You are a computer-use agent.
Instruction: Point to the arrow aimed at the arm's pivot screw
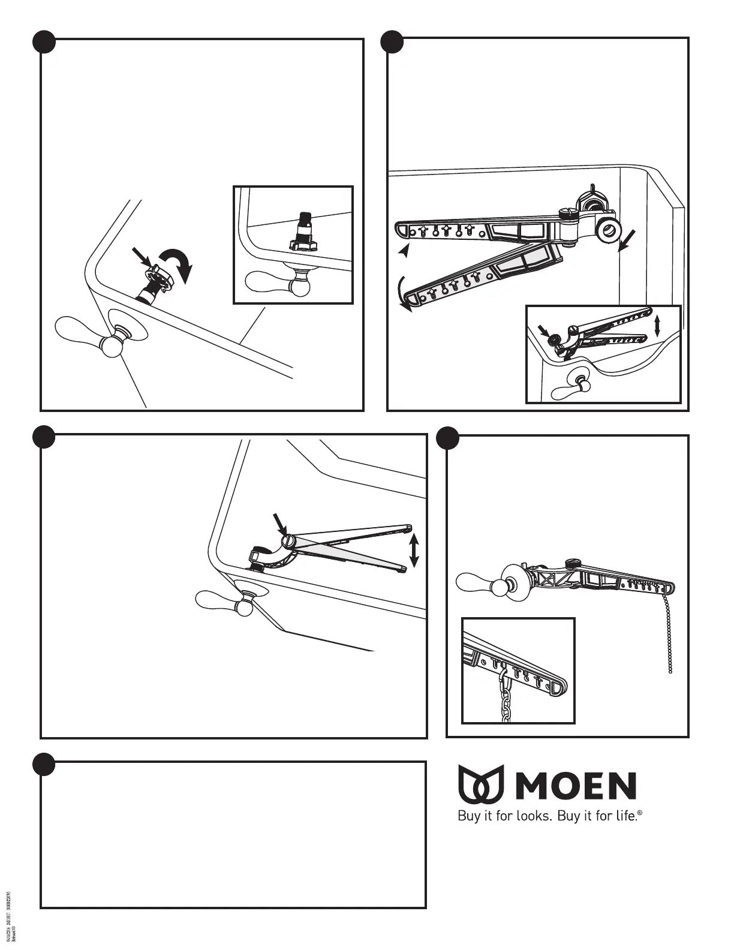click(279, 523)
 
